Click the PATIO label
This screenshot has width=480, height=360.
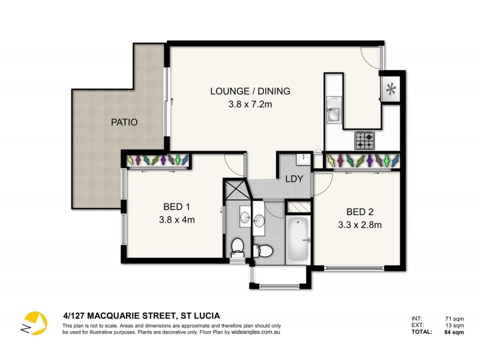(x=124, y=122)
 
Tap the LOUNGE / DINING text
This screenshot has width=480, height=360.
(x=250, y=91)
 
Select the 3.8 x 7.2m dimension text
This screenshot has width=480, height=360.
(x=250, y=104)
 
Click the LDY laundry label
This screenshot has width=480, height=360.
(x=294, y=179)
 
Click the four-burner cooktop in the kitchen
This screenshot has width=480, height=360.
(x=365, y=140)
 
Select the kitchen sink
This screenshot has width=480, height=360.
(x=334, y=114)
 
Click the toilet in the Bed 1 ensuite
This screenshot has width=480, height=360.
(x=238, y=246)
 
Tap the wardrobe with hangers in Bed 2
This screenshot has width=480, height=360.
(x=362, y=160)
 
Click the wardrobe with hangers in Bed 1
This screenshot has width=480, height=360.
(x=158, y=160)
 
